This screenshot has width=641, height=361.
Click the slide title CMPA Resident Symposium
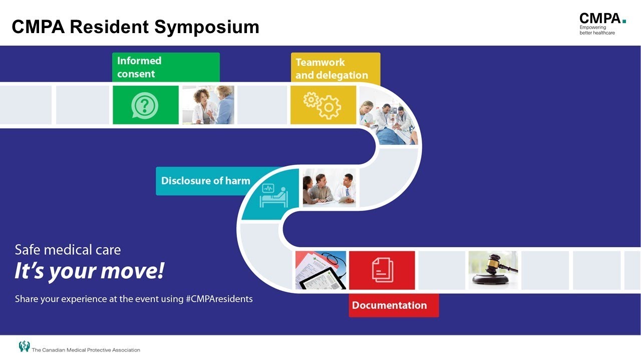pos(135,27)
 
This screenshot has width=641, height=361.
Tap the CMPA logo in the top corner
pos(602,24)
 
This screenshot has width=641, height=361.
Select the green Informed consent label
pos(165,67)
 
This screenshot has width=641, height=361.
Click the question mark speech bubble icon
pos(145,105)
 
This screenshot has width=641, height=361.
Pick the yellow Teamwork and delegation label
pos(335,69)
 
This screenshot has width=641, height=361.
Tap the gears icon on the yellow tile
pos(323,105)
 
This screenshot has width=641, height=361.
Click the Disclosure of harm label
pos(206,181)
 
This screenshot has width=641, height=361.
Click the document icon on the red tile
pos(382,270)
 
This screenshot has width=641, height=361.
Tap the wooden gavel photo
pos(493,270)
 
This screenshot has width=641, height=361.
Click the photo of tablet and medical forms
pos(320,270)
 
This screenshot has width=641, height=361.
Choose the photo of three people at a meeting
pos(330,188)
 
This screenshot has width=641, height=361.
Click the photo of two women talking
pos(208,105)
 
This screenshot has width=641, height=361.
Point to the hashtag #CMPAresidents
pos(219,299)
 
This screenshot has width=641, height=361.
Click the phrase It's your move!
pos(89,271)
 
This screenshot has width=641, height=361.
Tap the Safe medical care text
pos(68,250)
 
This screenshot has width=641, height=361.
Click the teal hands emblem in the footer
pos(24,346)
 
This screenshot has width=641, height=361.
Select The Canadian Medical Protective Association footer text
pos(86,350)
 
